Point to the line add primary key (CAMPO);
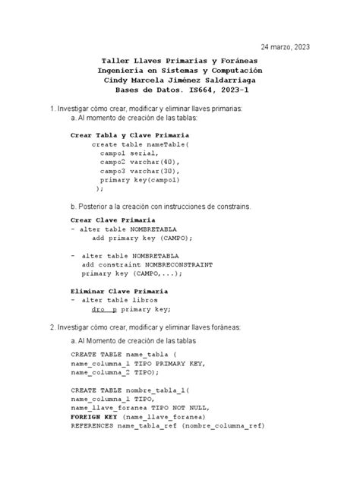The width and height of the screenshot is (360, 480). click(142, 238)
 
